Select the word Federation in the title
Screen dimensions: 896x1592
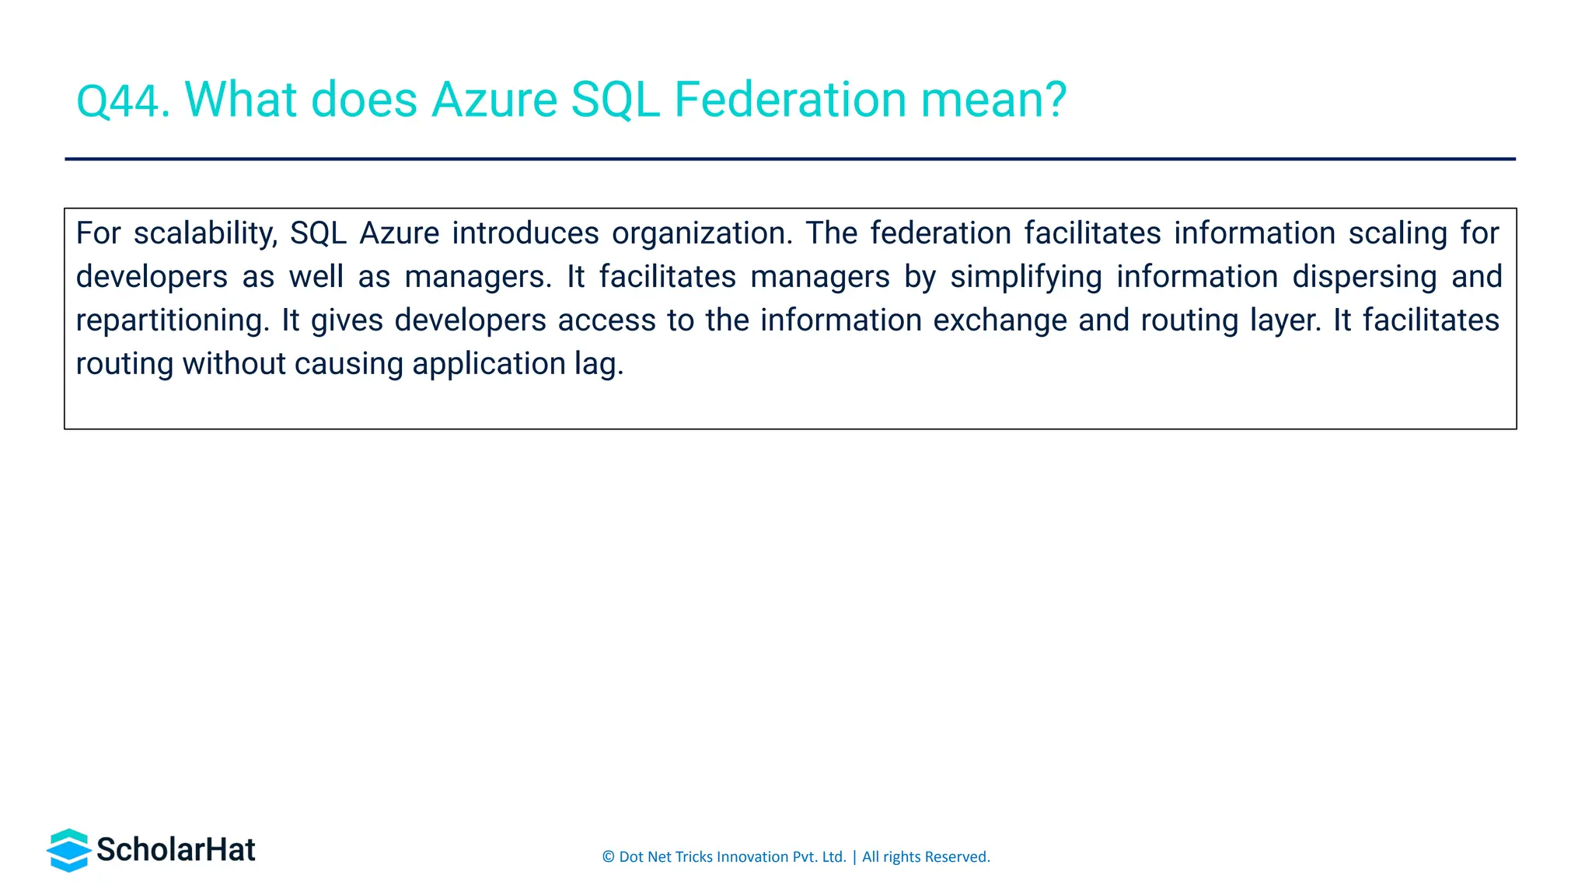tap(790, 100)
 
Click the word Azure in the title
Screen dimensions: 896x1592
tap(494, 100)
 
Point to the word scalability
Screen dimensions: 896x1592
tap(205, 234)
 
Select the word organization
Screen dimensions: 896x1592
tap(702, 234)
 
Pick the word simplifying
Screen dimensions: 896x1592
tap(1026, 278)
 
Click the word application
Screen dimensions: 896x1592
tap(488, 365)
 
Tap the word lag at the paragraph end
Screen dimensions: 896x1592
tap(598, 365)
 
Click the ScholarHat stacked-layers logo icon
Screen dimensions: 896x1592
tap(69, 850)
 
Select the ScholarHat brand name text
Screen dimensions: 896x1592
tap(176, 850)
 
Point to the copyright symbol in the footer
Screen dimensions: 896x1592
tap(608, 857)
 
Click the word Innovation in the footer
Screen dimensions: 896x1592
tap(752, 857)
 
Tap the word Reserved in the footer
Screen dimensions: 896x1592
tap(957, 857)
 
